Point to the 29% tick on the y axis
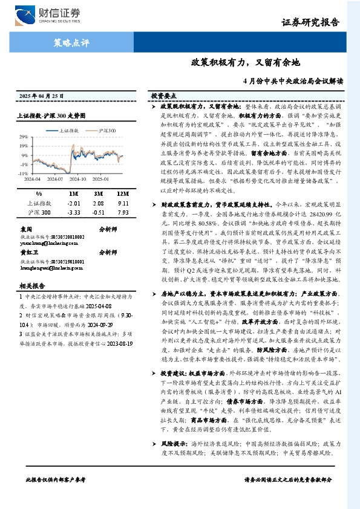[23, 136]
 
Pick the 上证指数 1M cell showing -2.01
[74, 203]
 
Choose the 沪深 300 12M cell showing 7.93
[123, 213]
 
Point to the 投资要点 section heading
[163, 96]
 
